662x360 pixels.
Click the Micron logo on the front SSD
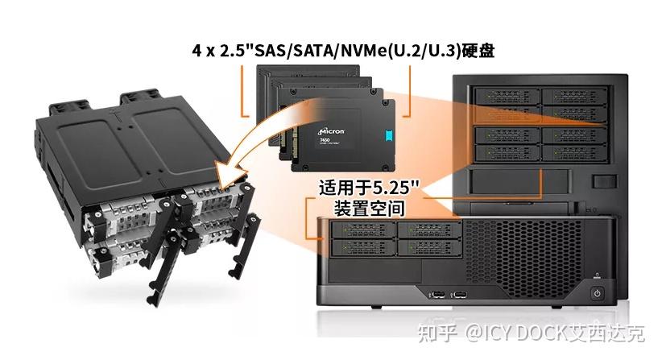click(x=320, y=129)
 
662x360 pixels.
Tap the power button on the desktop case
click(x=597, y=292)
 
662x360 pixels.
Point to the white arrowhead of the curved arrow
click(x=230, y=171)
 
